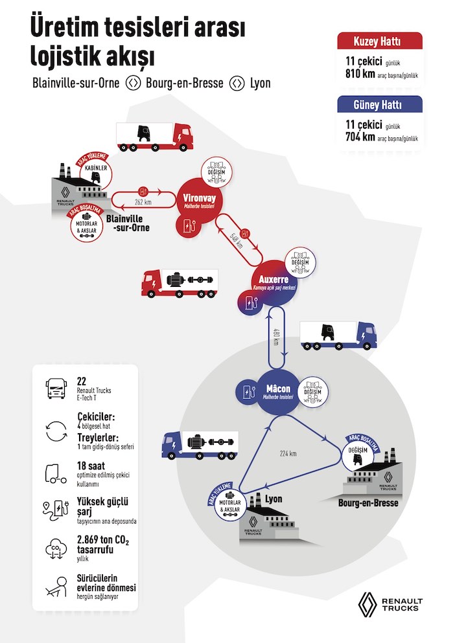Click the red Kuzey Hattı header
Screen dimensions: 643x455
point(380,42)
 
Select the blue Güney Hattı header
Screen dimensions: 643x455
point(380,106)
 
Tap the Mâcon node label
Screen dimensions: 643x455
point(278,389)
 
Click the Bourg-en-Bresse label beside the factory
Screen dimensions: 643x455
point(368,502)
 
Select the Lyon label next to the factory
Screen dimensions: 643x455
point(274,499)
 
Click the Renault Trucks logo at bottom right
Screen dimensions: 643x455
point(390,604)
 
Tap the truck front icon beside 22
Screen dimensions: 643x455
point(54,389)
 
